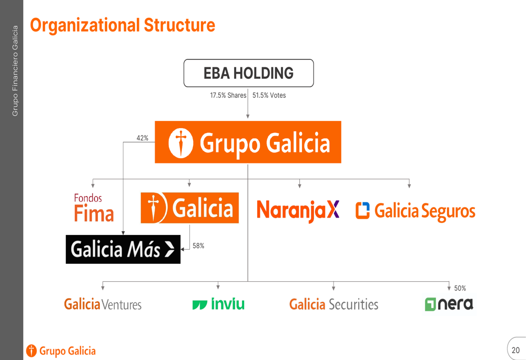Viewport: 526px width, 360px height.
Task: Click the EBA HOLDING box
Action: pyautogui.click(x=249, y=73)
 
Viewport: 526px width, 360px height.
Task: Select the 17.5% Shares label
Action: pyautogui.click(x=228, y=95)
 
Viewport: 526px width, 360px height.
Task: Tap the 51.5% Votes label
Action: pyautogui.click(x=269, y=95)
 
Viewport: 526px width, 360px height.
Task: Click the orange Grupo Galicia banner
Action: pyautogui.click(x=248, y=142)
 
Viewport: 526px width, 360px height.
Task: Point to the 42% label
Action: pyautogui.click(x=142, y=138)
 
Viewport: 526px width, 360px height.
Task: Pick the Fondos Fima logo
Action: pyautogui.click(x=94, y=208)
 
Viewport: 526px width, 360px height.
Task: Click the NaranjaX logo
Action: pyautogui.click(x=298, y=211)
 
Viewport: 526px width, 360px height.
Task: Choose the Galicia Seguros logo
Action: pyautogui.click(x=416, y=211)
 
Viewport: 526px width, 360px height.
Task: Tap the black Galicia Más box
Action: pyautogui.click(x=123, y=250)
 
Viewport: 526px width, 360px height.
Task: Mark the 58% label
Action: pyautogui.click(x=198, y=246)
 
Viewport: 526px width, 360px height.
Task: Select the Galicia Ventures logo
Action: pyautogui.click(x=103, y=304)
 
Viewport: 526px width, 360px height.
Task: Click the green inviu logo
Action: pyautogui.click(x=218, y=304)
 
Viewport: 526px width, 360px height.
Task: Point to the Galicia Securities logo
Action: pyautogui.click(x=334, y=304)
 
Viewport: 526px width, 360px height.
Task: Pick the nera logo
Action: pyautogui.click(x=449, y=304)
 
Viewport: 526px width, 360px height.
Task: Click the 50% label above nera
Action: pyautogui.click(x=460, y=289)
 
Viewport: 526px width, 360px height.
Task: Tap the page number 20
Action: pyautogui.click(x=515, y=351)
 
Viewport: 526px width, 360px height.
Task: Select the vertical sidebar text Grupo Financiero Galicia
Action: pyautogui.click(x=15, y=71)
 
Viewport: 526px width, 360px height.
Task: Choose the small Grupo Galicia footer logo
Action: pyautogui.click(x=60, y=351)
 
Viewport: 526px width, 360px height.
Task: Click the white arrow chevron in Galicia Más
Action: pyautogui.click(x=170, y=250)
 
